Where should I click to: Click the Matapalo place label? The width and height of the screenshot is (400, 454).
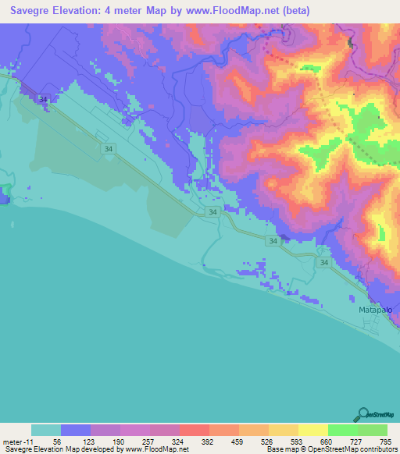pyautogui.click(x=373, y=310)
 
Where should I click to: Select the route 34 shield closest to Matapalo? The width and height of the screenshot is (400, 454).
pyautogui.click(x=323, y=264)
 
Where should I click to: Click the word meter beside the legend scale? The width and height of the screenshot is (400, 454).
pyautogui.click(x=12, y=441)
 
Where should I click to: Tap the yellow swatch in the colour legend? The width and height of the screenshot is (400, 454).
pyautogui.click(x=313, y=430)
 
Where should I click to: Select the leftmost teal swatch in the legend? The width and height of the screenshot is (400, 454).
pyautogui.click(x=46, y=430)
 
